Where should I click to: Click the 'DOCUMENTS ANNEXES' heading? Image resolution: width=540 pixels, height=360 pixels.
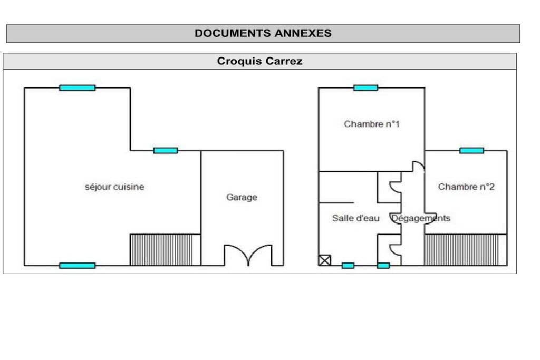(x=263, y=33)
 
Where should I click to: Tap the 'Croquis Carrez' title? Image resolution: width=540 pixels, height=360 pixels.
(x=259, y=61)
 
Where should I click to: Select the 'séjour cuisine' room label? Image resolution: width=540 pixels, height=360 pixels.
(x=114, y=187)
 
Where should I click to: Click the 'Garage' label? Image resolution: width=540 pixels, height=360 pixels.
(x=242, y=197)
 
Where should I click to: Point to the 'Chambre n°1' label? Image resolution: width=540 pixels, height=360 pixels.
(x=372, y=124)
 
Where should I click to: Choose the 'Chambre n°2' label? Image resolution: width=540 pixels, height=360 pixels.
(x=466, y=187)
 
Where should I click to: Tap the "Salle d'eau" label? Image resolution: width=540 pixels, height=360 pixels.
(x=356, y=218)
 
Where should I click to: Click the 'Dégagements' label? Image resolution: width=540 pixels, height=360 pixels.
(x=421, y=218)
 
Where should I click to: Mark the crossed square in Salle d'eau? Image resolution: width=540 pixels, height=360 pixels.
(x=324, y=260)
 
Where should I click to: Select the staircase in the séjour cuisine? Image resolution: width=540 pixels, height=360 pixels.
(x=165, y=250)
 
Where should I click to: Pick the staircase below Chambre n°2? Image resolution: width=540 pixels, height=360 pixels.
(x=466, y=250)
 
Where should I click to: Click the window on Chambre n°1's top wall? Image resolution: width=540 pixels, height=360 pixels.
(x=366, y=88)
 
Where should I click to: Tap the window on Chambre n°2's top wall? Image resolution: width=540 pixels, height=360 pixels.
(x=471, y=150)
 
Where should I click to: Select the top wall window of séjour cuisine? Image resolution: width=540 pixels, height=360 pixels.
(x=77, y=88)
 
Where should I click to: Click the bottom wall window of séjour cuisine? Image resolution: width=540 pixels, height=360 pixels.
(x=77, y=265)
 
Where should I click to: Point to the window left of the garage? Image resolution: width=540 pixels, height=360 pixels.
(x=165, y=150)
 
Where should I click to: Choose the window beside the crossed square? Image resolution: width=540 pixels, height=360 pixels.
(x=348, y=265)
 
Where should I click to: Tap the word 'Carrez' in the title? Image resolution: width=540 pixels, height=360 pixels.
(x=283, y=61)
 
